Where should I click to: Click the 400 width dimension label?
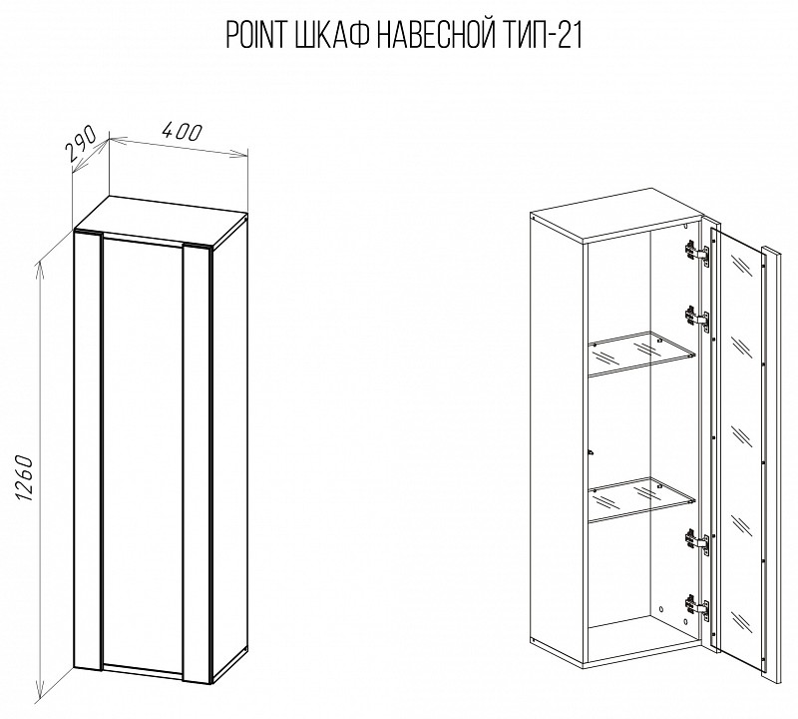[182, 132]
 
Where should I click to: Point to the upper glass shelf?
[642, 355]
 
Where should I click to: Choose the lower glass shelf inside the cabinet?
[642, 500]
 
